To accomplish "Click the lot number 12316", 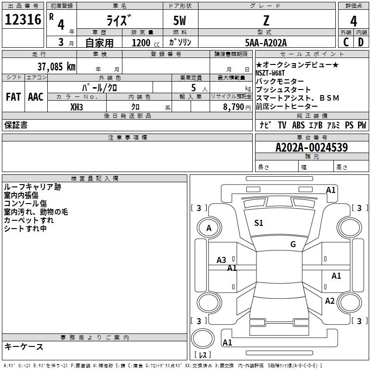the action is tap(23, 20).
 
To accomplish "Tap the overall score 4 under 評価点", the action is tap(353, 21).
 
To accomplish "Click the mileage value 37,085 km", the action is tap(56, 66).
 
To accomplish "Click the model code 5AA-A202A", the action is tap(266, 43).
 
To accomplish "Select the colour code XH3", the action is tap(77, 106).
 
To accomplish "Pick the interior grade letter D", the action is tap(361, 42).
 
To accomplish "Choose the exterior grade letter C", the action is tap(346, 42).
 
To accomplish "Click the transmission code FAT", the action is tap(13, 97).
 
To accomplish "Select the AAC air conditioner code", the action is tap(36, 97).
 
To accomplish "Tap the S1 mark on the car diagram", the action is tap(259, 223).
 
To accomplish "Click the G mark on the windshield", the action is tap(293, 244).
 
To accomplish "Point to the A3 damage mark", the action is tap(222, 260).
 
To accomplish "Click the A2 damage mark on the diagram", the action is tap(330, 301).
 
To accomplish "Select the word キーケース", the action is tap(24, 346).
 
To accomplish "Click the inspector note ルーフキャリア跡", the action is tap(32, 187).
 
